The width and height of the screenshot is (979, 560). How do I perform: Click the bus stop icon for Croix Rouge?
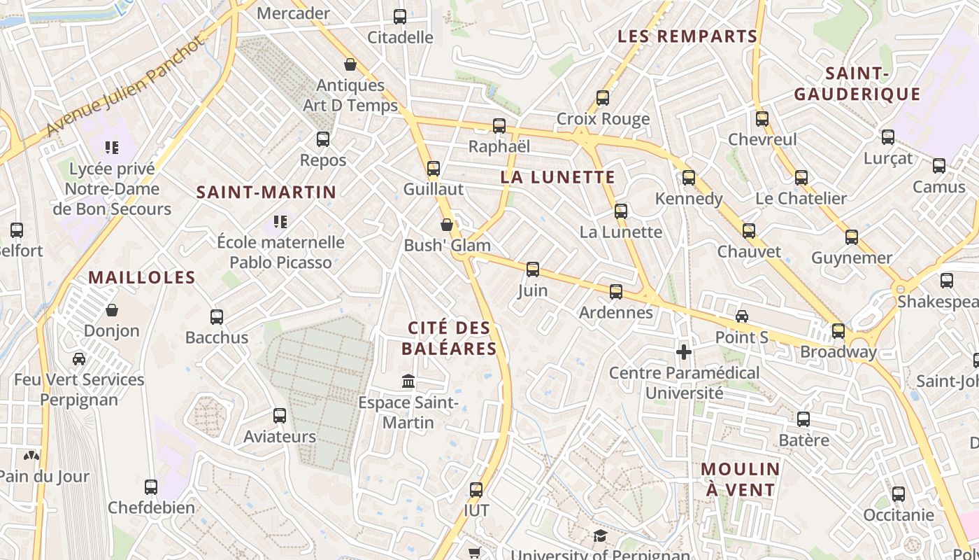pyautogui.click(x=603, y=98)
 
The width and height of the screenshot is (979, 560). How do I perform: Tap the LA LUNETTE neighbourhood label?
pyautogui.click(x=557, y=177)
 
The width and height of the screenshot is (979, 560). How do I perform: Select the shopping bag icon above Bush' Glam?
pyautogui.click(x=447, y=225)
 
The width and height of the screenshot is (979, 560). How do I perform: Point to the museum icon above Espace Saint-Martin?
pyautogui.click(x=408, y=381)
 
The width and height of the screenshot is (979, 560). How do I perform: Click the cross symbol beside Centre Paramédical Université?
pyautogui.click(x=684, y=351)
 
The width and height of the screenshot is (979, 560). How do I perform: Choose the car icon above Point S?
pyautogui.click(x=742, y=316)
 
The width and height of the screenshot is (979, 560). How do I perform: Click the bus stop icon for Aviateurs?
pyautogui.click(x=280, y=416)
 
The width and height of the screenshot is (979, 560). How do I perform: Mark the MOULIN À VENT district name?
pyautogui.click(x=741, y=479)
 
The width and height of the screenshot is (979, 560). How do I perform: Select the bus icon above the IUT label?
pyautogui.click(x=476, y=490)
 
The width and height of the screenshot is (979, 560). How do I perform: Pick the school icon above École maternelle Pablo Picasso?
pyautogui.click(x=280, y=222)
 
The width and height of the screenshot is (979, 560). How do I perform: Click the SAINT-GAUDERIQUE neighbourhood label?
pyautogui.click(x=857, y=84)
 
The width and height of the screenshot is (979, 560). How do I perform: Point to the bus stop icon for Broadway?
pyautogui.click(x=838, y=331)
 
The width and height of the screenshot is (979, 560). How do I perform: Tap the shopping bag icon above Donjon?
pyautogui.click(x=112, y=309)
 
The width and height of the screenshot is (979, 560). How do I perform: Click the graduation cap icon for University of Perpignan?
pyautogui.click(x=600, y=536)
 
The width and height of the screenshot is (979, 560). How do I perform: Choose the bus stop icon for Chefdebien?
pyautogui.click(x=151, y=487)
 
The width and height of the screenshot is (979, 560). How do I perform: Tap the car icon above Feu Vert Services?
pyautogui.click(x=79, y=359)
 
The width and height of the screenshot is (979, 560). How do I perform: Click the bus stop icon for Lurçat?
pyautogui.click(x=888, y=137)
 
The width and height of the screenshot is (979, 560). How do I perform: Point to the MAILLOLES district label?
pyautogui.click(x=142, y=277)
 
